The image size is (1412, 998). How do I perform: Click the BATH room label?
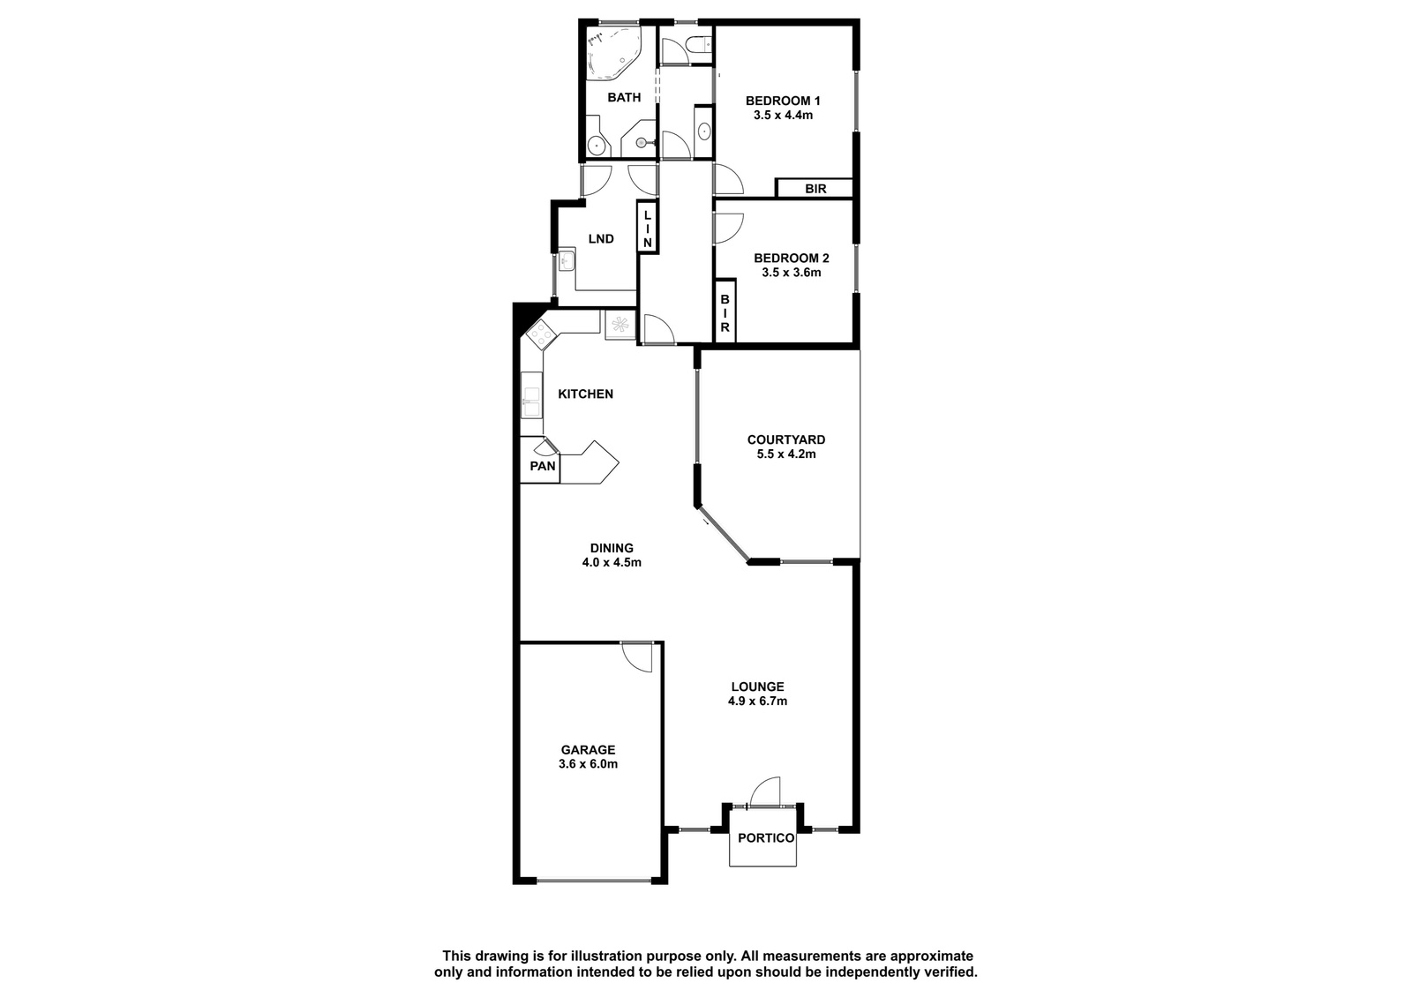[624, 98]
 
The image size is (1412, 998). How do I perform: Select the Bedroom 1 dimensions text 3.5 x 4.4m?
[783, 116]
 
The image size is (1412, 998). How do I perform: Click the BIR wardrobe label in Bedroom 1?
[815, 189]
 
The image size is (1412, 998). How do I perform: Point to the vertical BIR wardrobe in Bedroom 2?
[725, 311]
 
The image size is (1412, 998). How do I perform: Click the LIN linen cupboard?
[648, 227]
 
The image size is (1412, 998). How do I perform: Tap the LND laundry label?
[601, 239]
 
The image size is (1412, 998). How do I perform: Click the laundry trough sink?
[567, 259]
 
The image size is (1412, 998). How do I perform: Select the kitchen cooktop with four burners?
[540, 334]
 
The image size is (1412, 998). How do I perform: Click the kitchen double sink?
[531, 394]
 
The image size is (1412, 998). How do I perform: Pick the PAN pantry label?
[543, 466]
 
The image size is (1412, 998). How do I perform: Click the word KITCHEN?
[586, 394]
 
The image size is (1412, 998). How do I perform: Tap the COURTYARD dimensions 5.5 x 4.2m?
[786, 454]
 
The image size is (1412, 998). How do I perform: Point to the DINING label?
[612, 549]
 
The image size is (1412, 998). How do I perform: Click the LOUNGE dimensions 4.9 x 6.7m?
[758, 701]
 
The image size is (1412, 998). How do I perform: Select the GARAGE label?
[588, 750]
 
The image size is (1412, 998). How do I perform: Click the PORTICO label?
[766, 838]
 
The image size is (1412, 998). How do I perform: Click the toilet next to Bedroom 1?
[698, 45]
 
